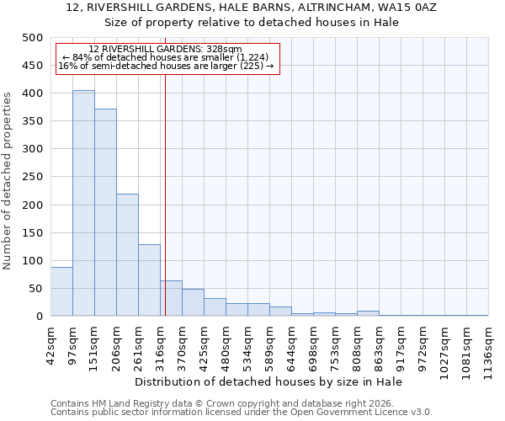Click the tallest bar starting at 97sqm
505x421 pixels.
[83, 203]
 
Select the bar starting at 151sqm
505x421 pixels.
[105, 212]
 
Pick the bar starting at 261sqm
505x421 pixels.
[149, 280]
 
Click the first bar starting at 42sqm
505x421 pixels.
[61, 291]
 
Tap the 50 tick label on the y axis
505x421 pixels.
[35, 289]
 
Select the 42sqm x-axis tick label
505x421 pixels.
[50, 344]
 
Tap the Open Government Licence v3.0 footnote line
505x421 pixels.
[242, 413]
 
